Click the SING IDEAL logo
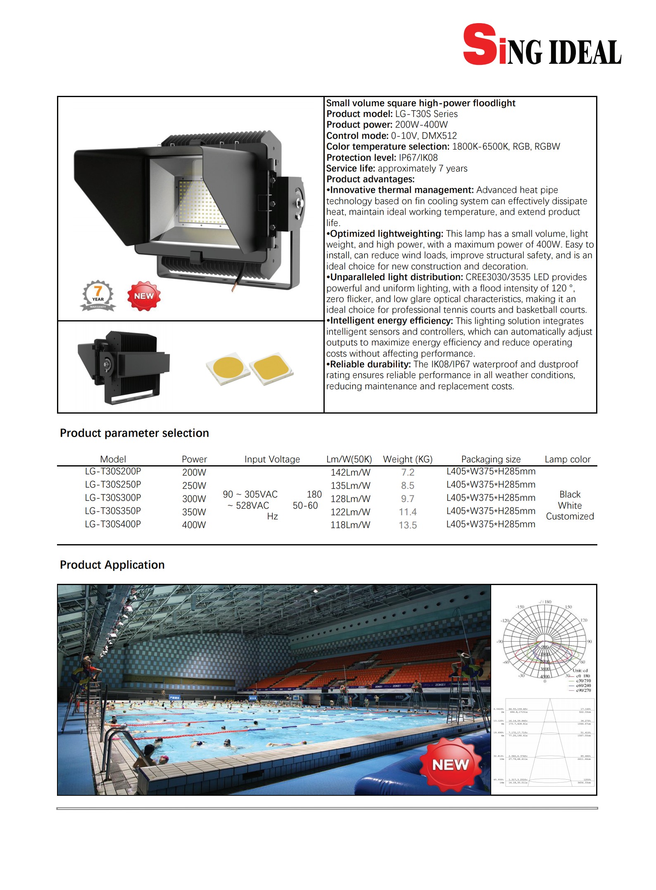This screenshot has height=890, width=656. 542,45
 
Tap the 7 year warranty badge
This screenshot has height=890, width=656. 98,295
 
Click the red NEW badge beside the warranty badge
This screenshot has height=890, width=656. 143,296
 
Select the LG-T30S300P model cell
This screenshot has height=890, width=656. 113,497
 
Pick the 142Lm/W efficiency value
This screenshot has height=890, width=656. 350,472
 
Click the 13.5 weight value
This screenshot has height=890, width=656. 407,525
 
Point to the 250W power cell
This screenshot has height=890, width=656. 194,485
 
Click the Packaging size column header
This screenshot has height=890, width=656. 491,459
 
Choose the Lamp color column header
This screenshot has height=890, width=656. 567,459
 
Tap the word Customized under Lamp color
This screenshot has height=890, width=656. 570,516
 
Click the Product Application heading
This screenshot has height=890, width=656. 112,565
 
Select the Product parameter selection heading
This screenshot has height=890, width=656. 134,433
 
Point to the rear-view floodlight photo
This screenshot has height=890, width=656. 124,367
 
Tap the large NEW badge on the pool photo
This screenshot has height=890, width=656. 450,764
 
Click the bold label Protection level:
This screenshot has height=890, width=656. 361,157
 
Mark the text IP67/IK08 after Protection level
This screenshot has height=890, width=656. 418,157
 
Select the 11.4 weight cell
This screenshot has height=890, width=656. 407,512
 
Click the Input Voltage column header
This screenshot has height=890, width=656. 272,459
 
